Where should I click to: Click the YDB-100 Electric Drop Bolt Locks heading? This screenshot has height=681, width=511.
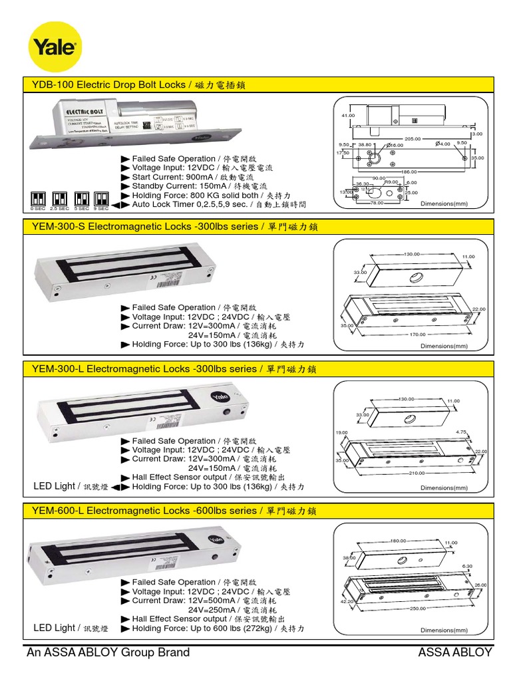140,84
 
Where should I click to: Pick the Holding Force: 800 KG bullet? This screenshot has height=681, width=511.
206,196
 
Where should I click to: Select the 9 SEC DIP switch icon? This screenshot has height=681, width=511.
101,198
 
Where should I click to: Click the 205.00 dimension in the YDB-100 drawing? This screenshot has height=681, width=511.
413,138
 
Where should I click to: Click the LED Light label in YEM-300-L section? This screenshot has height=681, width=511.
54,486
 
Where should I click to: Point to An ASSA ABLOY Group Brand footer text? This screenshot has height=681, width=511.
108,652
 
